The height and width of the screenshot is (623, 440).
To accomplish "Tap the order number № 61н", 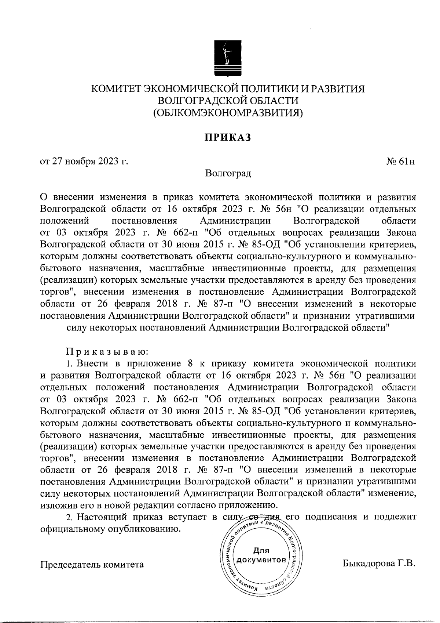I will click(400, 162).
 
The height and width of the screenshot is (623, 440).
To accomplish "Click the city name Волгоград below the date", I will click(228, 173).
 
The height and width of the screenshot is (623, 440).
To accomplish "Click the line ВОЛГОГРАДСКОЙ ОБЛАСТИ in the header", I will click(228, 101).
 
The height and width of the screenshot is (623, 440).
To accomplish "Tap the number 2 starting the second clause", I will click(68, 517).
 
